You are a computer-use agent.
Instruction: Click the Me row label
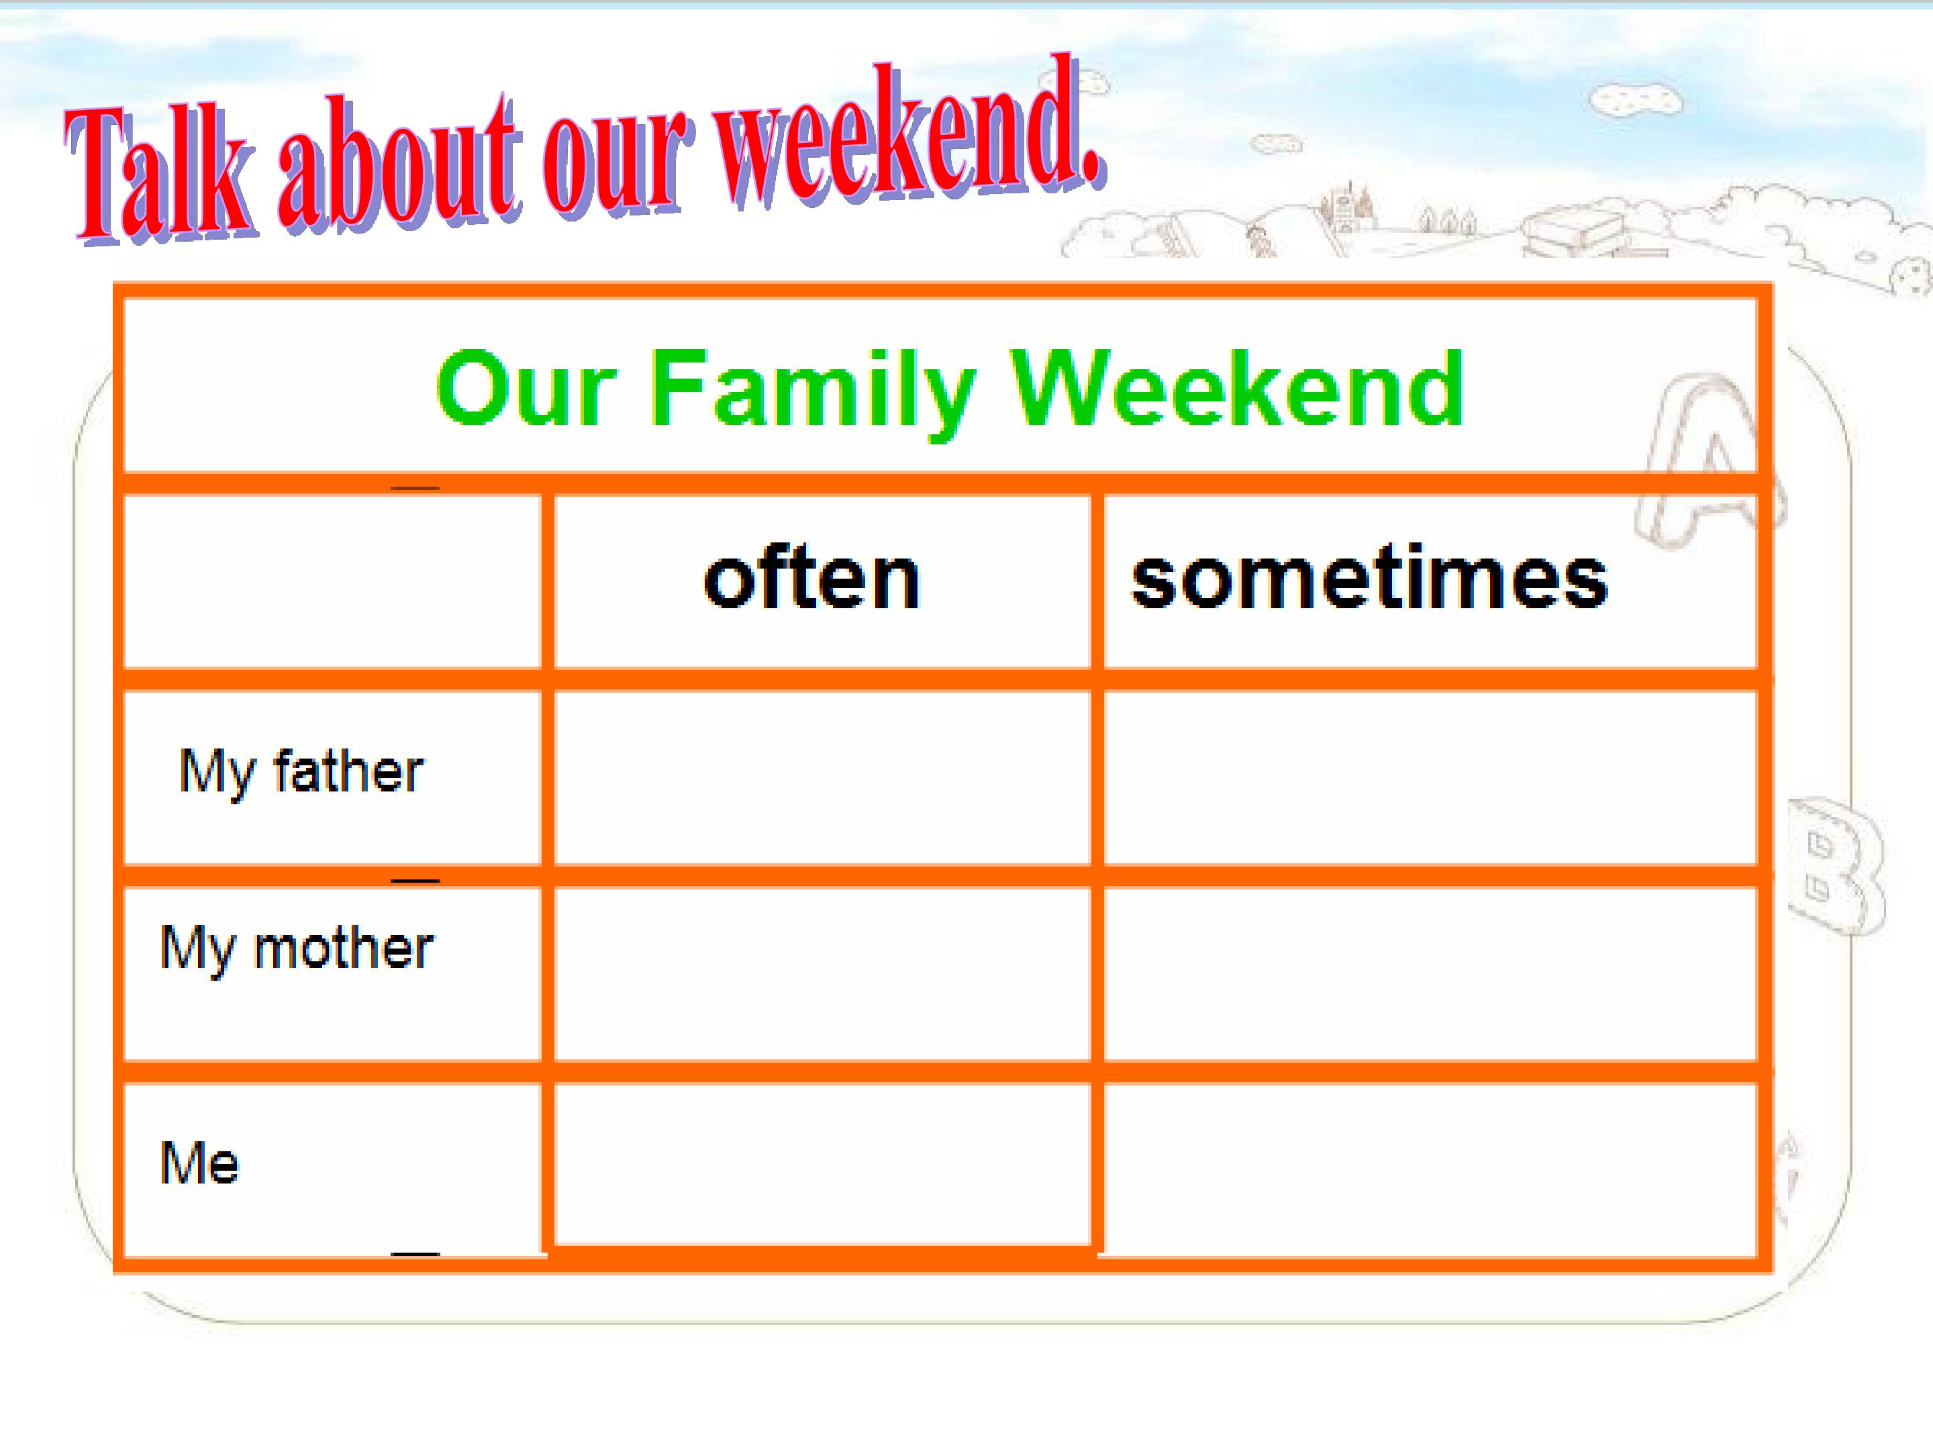coord(199,1163)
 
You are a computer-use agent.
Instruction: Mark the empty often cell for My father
coord(822,778)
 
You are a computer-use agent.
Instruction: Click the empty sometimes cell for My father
coord(1430,778)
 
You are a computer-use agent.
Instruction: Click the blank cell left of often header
coord(332,581)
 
